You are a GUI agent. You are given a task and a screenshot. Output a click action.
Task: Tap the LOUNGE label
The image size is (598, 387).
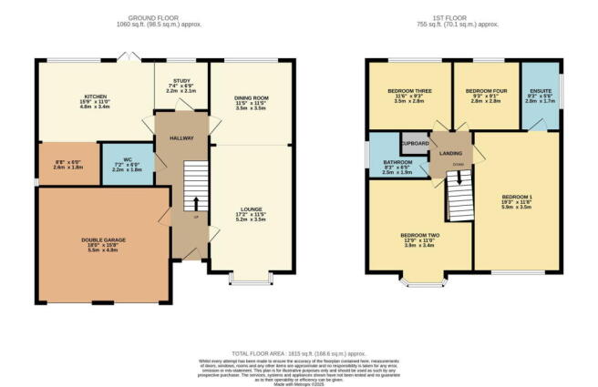tap(250, 209)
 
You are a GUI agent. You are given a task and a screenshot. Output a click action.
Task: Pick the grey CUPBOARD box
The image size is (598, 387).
tap(415, 144)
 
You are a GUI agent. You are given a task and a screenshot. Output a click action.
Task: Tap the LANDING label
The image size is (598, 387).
tap(450, 152)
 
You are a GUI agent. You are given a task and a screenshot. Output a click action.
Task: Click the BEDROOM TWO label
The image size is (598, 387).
tap(420, 235)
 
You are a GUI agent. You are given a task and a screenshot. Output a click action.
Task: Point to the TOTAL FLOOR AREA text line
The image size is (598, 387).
tap(298, 351)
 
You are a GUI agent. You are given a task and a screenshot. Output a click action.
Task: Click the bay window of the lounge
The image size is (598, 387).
tap(250, 278)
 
